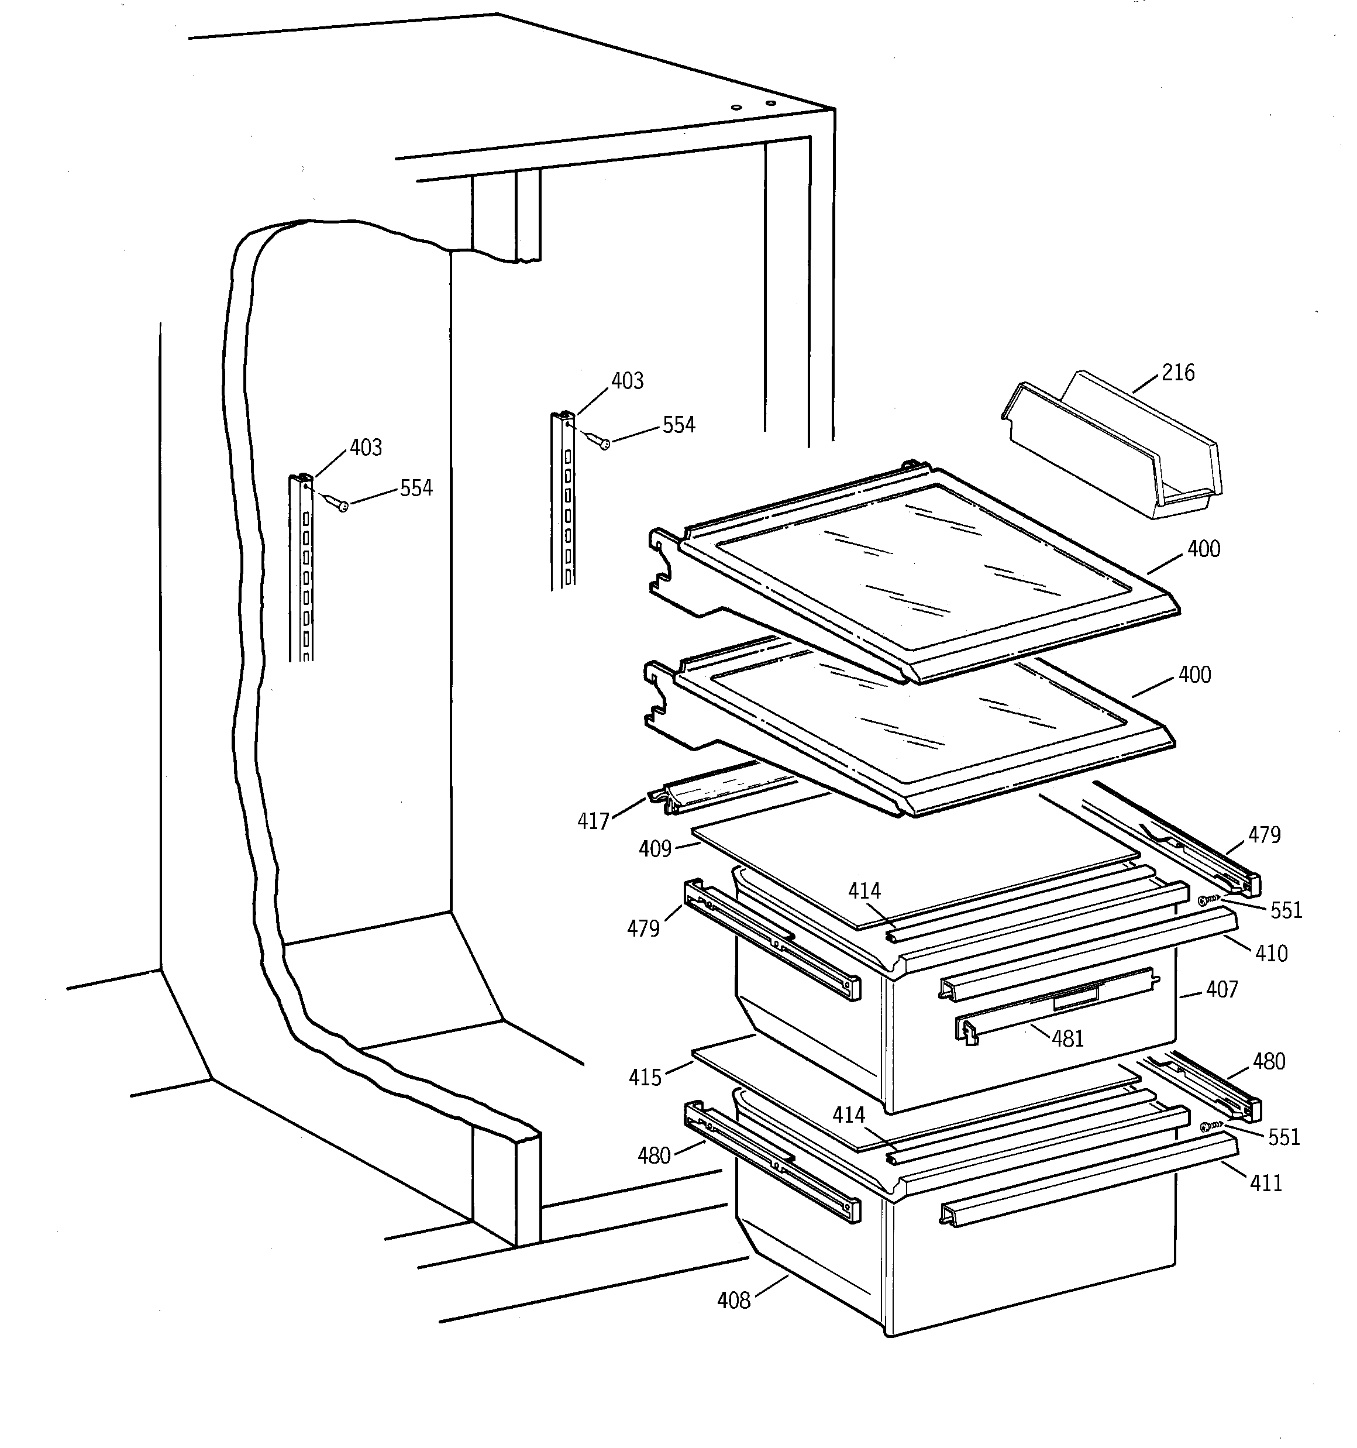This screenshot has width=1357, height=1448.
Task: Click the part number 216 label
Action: pos(1178,373)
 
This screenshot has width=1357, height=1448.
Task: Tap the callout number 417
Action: pos(593,821)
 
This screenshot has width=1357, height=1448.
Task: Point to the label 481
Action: pos(1068,1038)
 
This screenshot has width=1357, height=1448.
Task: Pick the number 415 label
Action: pos(645,1077)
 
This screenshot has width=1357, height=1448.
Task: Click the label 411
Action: pos(1266,1184)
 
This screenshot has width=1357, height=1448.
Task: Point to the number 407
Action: pos(1221,990)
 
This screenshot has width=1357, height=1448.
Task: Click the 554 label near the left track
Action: pos(416,488)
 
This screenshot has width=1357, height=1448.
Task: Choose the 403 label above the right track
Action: pos(627,381)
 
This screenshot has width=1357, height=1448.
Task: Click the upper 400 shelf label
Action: pos(1203,549)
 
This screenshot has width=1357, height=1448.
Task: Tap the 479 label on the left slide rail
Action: pos(643,928)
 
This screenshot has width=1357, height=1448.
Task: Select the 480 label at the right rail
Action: pos(1269,1062)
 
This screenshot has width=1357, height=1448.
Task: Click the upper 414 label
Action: pos(865,891)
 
